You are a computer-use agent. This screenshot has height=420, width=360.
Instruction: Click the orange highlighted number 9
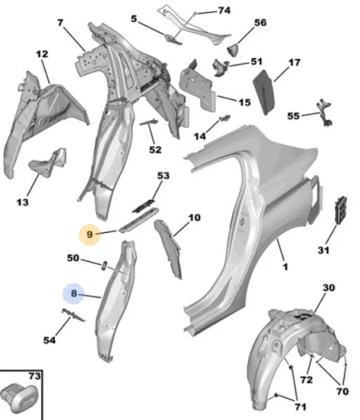pos(89,234)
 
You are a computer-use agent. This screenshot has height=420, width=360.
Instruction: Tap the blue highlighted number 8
pos(73,293)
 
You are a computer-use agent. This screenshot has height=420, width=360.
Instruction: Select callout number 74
pos(224,10)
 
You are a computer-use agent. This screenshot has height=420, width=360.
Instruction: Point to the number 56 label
pos(260,22)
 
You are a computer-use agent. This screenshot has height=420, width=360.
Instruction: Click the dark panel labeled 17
pos(264,92)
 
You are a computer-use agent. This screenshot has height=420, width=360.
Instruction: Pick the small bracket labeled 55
pos(325,113)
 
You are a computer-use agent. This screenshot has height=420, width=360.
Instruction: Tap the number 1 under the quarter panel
pos(285,267)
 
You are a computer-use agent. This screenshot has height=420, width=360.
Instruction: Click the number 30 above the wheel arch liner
pos(329,288)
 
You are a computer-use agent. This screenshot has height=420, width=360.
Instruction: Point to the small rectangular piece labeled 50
pos(104,266)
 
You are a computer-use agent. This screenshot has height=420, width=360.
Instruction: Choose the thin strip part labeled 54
pos(73,315)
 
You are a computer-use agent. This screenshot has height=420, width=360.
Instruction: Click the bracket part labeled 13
pos(48,160)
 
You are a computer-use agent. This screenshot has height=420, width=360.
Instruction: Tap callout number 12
pos(42,54)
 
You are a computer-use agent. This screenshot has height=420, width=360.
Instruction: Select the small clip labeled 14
pos(225,118)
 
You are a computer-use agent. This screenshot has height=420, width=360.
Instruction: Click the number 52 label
pos(155,150)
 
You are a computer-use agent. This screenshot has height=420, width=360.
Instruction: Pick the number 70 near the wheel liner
pos(342,391)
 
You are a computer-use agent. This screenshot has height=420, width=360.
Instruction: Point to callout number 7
pos(60,23)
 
